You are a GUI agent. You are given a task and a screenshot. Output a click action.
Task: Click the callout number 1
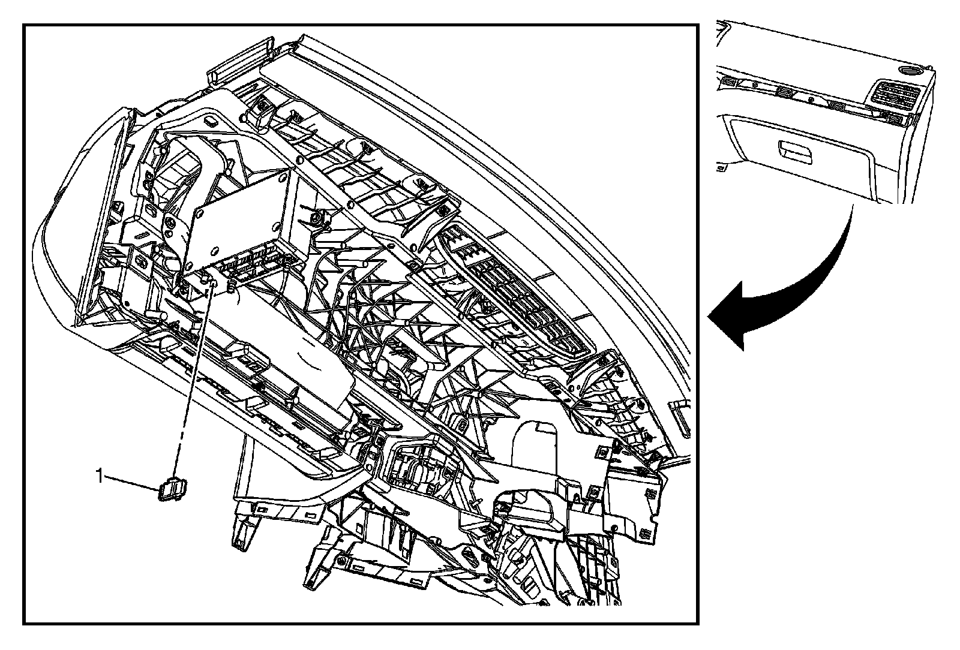(100, 477)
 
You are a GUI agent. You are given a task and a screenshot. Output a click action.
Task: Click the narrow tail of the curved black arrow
(850, 213)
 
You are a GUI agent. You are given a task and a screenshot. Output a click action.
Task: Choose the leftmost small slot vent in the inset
(731, 83)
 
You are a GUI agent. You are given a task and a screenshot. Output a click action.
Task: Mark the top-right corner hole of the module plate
(289, 174)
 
